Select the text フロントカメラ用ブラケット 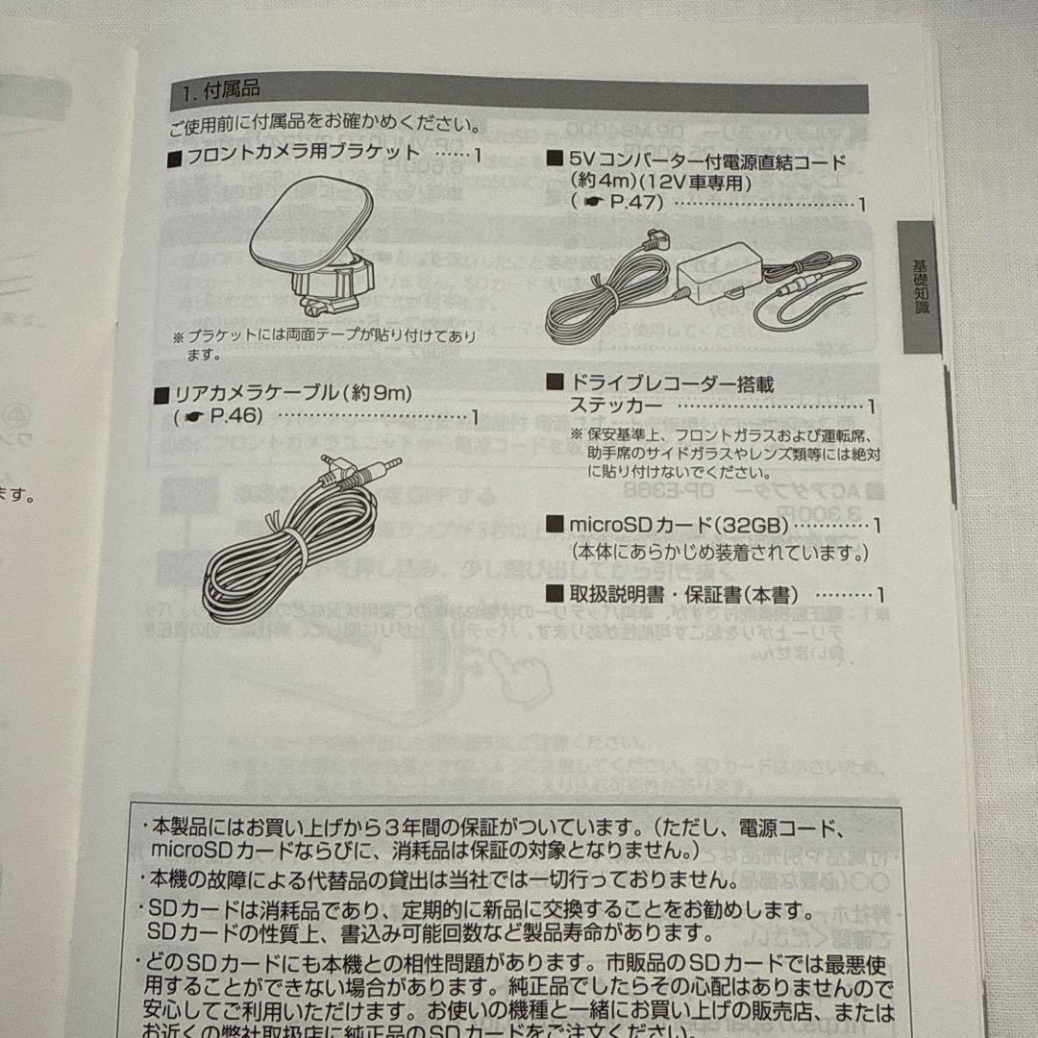point(304,154)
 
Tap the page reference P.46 point(231,416)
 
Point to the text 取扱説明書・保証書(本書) point(683,595)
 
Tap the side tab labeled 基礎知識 point(920,286)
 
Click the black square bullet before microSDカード point(554,525)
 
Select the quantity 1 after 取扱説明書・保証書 point(879,596)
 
